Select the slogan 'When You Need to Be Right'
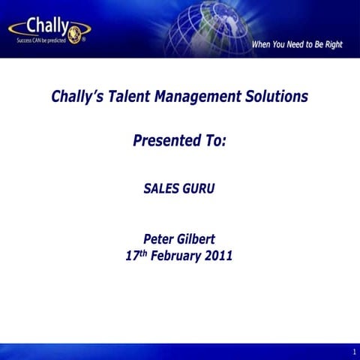[x=297, y=45]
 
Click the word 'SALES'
[x=160, y=189]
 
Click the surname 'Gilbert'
[x=196, y=239]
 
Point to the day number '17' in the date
[x=133, y=256]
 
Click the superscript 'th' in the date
[x=144, y=253]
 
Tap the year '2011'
[x=218, y=256]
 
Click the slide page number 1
[x=353, y=352]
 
